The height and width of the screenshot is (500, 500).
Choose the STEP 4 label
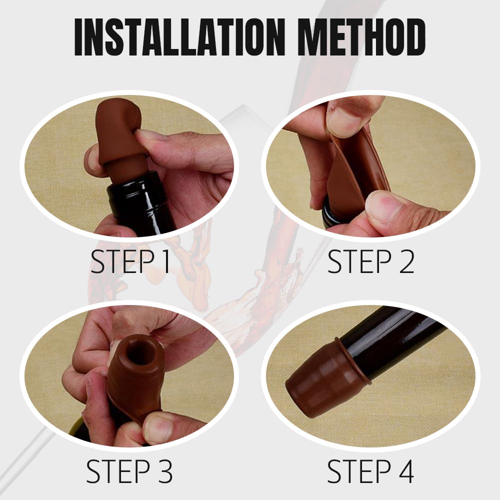point(371,470)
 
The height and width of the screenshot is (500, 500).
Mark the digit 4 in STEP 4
point(405,470)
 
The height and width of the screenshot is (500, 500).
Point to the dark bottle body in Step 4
point(395,340)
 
